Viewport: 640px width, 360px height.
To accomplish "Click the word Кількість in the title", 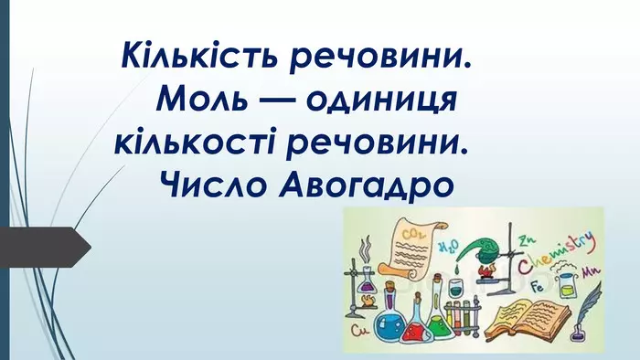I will pos(191,58).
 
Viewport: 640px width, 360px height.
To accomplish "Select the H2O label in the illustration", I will pos(448,247).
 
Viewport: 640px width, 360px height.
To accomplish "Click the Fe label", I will pos(539,286).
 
